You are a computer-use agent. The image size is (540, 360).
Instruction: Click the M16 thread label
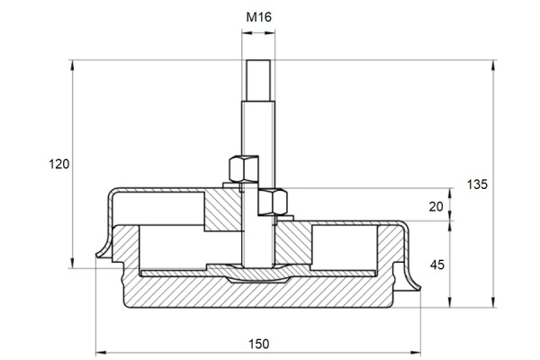click(x=258, y=17)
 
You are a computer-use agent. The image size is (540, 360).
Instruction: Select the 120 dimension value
click(x=58, y=164)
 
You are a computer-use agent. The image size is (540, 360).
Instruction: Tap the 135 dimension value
click(x=477, y=184)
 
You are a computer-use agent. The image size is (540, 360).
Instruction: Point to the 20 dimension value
click(x=436, y=207)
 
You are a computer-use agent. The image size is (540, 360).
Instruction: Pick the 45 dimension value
click(x=437, y=265)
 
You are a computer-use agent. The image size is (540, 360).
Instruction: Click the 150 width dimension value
click(x=258, y=344)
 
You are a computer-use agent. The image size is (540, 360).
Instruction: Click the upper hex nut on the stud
click(x=244, y=169)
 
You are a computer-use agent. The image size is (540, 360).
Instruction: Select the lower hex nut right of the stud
click(x=273, y=202)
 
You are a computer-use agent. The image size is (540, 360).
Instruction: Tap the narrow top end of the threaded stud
click(x=258, y=81)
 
